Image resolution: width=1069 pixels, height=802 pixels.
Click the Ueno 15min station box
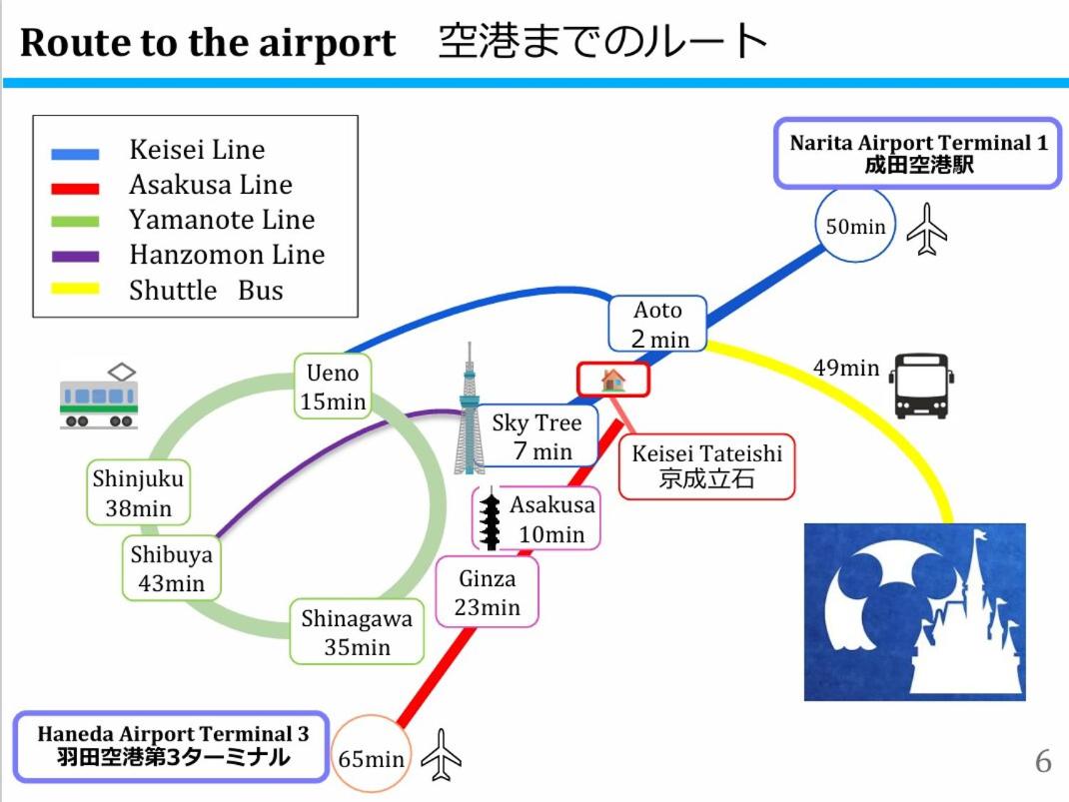coord(333,387)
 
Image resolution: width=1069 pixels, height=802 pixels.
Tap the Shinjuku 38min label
coord(138,492)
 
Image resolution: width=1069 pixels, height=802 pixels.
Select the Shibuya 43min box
coord(171,568)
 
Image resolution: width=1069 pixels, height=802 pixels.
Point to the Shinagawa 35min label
coord(357,632)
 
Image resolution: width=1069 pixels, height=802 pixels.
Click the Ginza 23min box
coord(488,592)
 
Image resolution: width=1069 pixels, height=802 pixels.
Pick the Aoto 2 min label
coord(658,324)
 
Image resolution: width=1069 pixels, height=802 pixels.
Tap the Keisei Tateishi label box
coord(706,466)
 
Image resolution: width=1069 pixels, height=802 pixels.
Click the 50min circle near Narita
coord(855,227)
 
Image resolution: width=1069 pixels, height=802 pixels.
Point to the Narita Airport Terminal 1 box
coord(918,153)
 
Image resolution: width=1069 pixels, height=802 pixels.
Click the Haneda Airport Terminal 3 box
coord(173,746)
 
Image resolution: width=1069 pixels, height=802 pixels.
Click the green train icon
coord(97,396)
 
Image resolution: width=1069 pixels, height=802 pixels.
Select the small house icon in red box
coord(612,380)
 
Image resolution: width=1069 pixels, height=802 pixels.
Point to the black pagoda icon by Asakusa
coord(490,520)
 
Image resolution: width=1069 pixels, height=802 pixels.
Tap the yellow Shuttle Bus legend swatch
coord(76,290)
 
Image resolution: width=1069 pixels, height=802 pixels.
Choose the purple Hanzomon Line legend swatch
coord(76,256)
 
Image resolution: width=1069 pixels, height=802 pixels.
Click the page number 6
coord(1042,762)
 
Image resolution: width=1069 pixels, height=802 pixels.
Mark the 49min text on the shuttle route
coord(845,368)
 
